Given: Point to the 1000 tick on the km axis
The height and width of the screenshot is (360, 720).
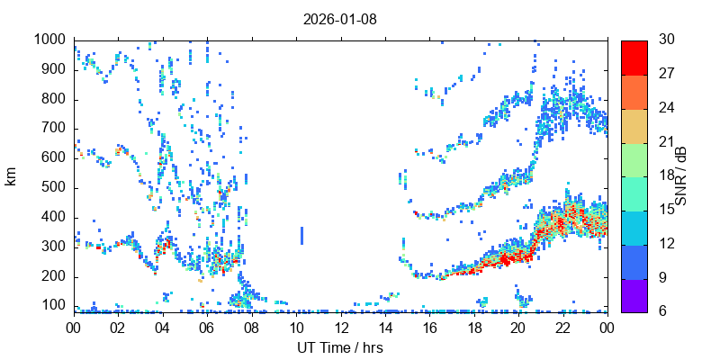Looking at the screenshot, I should pos(49,40).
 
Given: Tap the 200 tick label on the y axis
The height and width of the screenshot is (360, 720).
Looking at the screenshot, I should pos(53,276).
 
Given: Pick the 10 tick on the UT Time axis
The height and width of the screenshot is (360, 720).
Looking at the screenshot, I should pos(296,328).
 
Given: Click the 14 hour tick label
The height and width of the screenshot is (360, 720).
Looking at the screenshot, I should pos(385,328).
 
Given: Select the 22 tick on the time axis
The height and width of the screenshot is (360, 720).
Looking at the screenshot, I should pos(562,328).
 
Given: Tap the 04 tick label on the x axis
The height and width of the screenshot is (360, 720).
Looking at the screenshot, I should pos(163,328).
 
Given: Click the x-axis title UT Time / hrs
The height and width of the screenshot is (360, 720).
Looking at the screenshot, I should pos(340,347).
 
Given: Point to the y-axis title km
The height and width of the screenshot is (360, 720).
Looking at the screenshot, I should pos(11,176).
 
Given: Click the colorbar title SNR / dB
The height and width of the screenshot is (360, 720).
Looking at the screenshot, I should pos(681,176).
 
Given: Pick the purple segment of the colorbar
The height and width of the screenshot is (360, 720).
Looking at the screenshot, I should pos(634,295).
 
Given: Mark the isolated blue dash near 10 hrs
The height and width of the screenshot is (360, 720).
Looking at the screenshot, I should pos(302,235).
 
